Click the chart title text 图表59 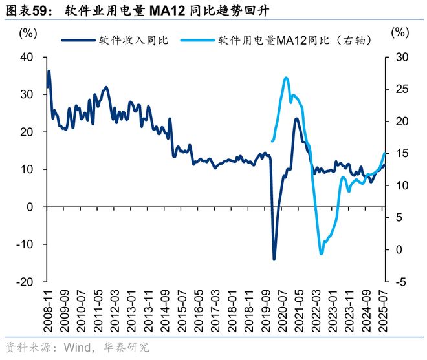[x=27, y=11]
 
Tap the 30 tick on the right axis [x=402, y=57]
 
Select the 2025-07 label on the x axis [x=384, y=312]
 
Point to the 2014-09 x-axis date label [x=164, y=312]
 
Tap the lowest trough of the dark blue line [x=274, y=259]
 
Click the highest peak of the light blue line [x=286, y=78]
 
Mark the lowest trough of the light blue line [x=321, y=253]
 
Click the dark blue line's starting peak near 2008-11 [x=49, y=71]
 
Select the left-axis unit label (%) [x=28, y=32]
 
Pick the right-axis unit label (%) [x=400, y=32]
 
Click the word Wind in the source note [x=77, y=347]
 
